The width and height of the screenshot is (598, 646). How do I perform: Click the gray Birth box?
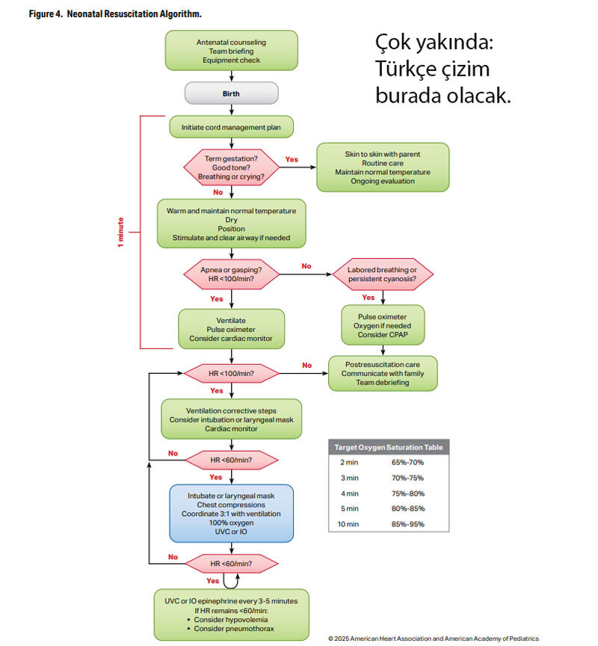click(231, 93)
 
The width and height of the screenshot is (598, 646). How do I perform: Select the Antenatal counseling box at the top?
click(231, 51)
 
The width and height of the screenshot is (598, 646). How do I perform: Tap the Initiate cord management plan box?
click(231, 126)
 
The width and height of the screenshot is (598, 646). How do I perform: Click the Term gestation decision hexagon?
click(231, 167)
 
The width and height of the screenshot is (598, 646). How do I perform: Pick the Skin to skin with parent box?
click(382, 167)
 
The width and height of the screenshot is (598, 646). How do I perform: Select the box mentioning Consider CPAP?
click(382, 326)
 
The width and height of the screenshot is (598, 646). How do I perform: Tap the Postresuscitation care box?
click(382, 372)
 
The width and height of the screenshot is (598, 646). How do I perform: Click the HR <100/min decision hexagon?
click(231, 372)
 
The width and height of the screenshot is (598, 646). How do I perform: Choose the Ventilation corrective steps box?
click(231, 419)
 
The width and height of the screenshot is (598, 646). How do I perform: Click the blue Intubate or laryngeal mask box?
click(231, 513)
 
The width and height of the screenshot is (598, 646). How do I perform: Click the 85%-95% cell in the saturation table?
click(407, 524)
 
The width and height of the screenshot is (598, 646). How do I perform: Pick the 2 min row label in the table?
click(349, 463)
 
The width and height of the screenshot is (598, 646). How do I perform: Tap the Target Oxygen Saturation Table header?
click(388, 447)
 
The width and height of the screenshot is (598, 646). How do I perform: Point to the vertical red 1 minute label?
click(121, 233)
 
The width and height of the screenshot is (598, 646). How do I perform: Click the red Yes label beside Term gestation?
click(292, 159)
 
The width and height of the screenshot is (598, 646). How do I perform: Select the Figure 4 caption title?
click(116, 14)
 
